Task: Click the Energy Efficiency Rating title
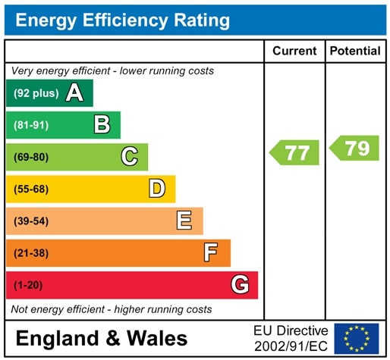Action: pos(123,20)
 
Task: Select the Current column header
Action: pos(294,52)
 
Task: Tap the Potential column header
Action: pos(355,52)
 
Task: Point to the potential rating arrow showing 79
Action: pos(354,149)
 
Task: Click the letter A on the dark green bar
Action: pos(74,93)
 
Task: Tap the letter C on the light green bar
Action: pos(130,157)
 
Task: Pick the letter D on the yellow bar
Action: pos(157,189)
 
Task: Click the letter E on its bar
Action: pos(184,221)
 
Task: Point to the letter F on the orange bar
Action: pos(212,252)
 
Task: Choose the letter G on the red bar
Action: pos(240,285)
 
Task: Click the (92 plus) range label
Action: pos(36,93)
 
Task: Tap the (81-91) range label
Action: pos(31,125)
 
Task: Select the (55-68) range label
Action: pos(31,189)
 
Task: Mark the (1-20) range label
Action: pos(29,285)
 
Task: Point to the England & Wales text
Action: pos(101,338)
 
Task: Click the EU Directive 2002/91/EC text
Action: pos(291,337)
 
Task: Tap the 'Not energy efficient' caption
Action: pos(112,309)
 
